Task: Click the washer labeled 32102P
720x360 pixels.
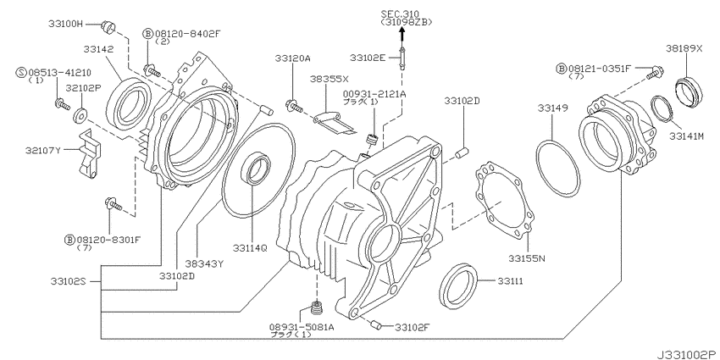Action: (x=81, y=114)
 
